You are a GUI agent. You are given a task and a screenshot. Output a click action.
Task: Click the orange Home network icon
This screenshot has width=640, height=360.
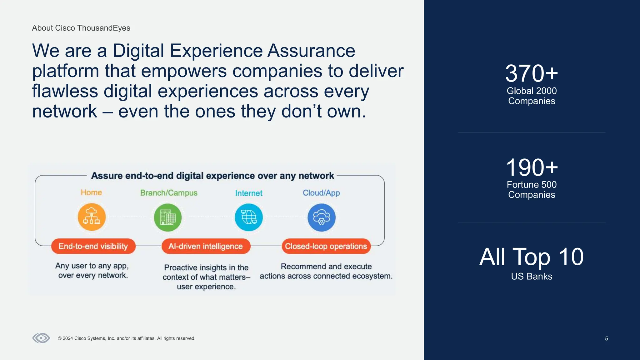click(92, 217)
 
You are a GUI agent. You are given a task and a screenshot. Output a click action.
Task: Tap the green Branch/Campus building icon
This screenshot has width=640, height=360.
click(168, 217)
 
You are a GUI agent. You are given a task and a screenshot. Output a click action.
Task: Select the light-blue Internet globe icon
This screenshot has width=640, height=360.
click(249, 217)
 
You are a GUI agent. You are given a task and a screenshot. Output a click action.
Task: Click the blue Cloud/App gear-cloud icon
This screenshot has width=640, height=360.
click(321, 217)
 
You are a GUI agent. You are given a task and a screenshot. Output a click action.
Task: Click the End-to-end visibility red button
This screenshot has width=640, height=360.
click(93, 246)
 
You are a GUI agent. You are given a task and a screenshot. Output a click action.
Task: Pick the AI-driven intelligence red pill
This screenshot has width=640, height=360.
click(206, 246)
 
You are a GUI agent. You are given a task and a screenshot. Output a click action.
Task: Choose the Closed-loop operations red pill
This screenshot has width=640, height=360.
click(326, 246)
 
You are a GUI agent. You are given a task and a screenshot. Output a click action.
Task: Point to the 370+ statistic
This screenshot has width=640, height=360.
click(531, 73)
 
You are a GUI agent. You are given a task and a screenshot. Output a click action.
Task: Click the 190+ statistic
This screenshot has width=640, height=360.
click(531, 167)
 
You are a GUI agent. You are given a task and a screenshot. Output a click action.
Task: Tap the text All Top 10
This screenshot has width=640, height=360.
click(531, 257)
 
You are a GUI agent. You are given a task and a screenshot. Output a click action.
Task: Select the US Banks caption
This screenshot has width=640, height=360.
click(531, 277)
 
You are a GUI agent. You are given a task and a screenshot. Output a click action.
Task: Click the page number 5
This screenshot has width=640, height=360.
click(607, 338)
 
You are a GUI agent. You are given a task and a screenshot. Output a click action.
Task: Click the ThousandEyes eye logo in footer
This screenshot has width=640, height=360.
click(41, 338)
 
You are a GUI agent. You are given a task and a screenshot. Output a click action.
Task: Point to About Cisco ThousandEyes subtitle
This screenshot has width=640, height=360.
click(81, 28)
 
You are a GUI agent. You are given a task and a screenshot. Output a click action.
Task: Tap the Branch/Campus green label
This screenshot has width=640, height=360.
click(169, 193)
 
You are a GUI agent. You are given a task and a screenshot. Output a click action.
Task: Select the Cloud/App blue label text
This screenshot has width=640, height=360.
click(321, 193)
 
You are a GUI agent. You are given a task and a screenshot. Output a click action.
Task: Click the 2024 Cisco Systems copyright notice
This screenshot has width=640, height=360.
click(127, 338)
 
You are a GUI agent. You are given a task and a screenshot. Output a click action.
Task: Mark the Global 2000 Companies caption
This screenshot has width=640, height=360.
click(531, 96)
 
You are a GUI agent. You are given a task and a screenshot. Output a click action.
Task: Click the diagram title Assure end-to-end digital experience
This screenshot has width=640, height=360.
click(212, 176)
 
